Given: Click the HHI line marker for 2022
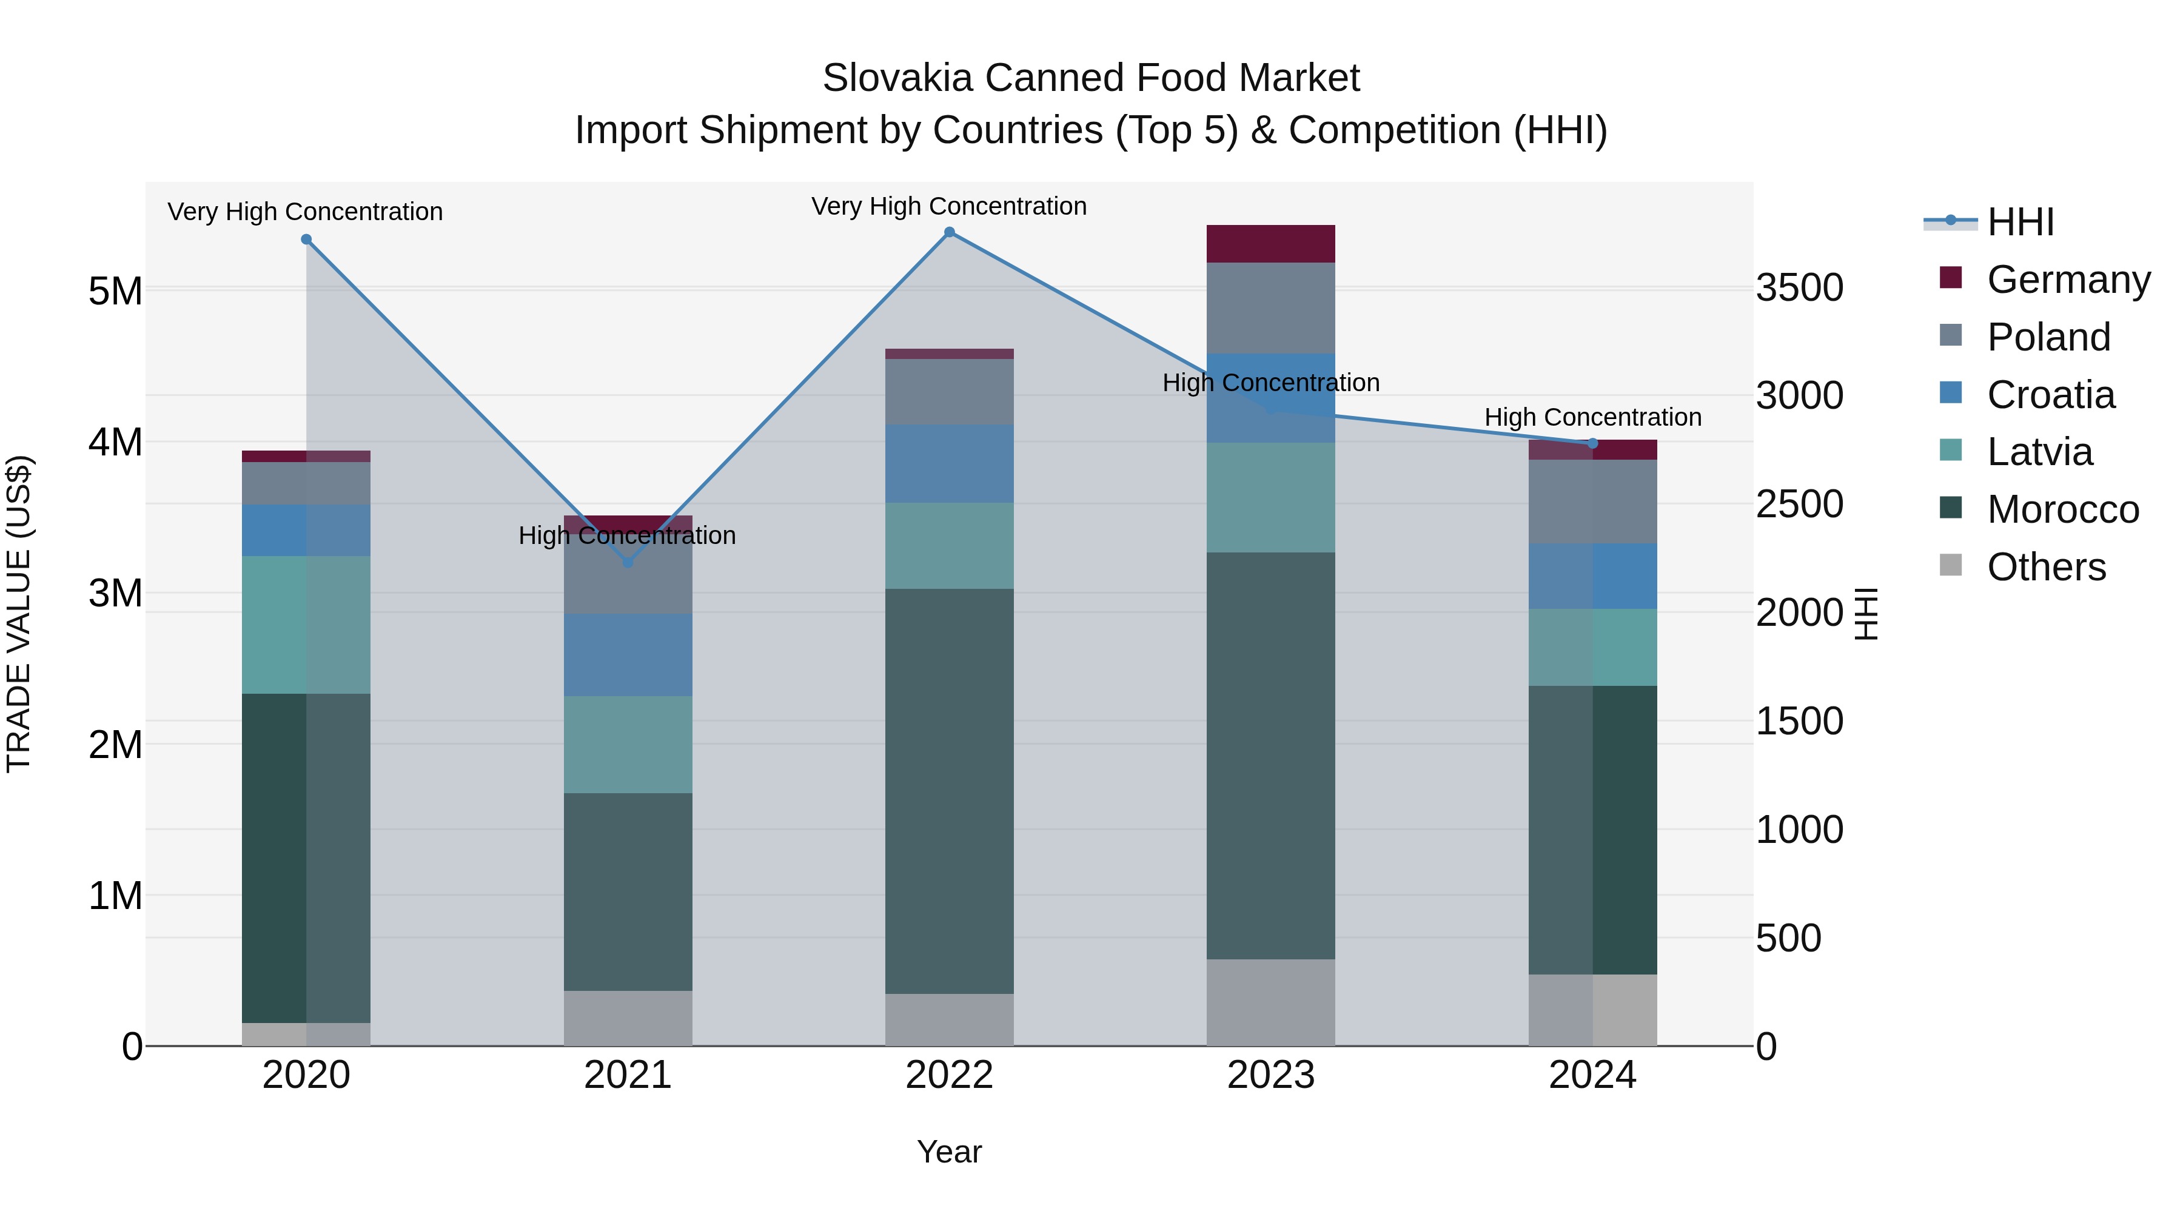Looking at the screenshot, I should [949, 232].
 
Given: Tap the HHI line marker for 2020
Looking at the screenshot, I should [306, 240].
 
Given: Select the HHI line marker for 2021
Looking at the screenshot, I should [628, 562].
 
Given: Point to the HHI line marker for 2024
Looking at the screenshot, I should [1592, 443].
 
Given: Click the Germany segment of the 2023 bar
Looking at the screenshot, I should [1270, 244].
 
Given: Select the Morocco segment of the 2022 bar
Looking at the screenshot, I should [949, 791].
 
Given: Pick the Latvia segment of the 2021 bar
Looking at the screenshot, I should [628, 744].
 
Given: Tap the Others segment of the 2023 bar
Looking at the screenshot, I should [1270, 1002].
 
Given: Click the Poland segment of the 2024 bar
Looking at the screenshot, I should [1592, 502].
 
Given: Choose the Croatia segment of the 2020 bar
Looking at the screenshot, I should [306, 531].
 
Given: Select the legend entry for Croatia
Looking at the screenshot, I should [2050, 395].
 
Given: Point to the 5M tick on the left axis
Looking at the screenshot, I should [115, 290].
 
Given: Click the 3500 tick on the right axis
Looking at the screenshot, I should [1799, 287].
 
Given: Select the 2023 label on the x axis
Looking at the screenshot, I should [1270, 1075].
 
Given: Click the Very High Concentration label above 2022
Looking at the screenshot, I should [949, 206].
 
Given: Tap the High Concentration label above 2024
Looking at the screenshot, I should [1592, 417].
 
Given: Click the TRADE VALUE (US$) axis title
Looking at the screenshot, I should [19, 614].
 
